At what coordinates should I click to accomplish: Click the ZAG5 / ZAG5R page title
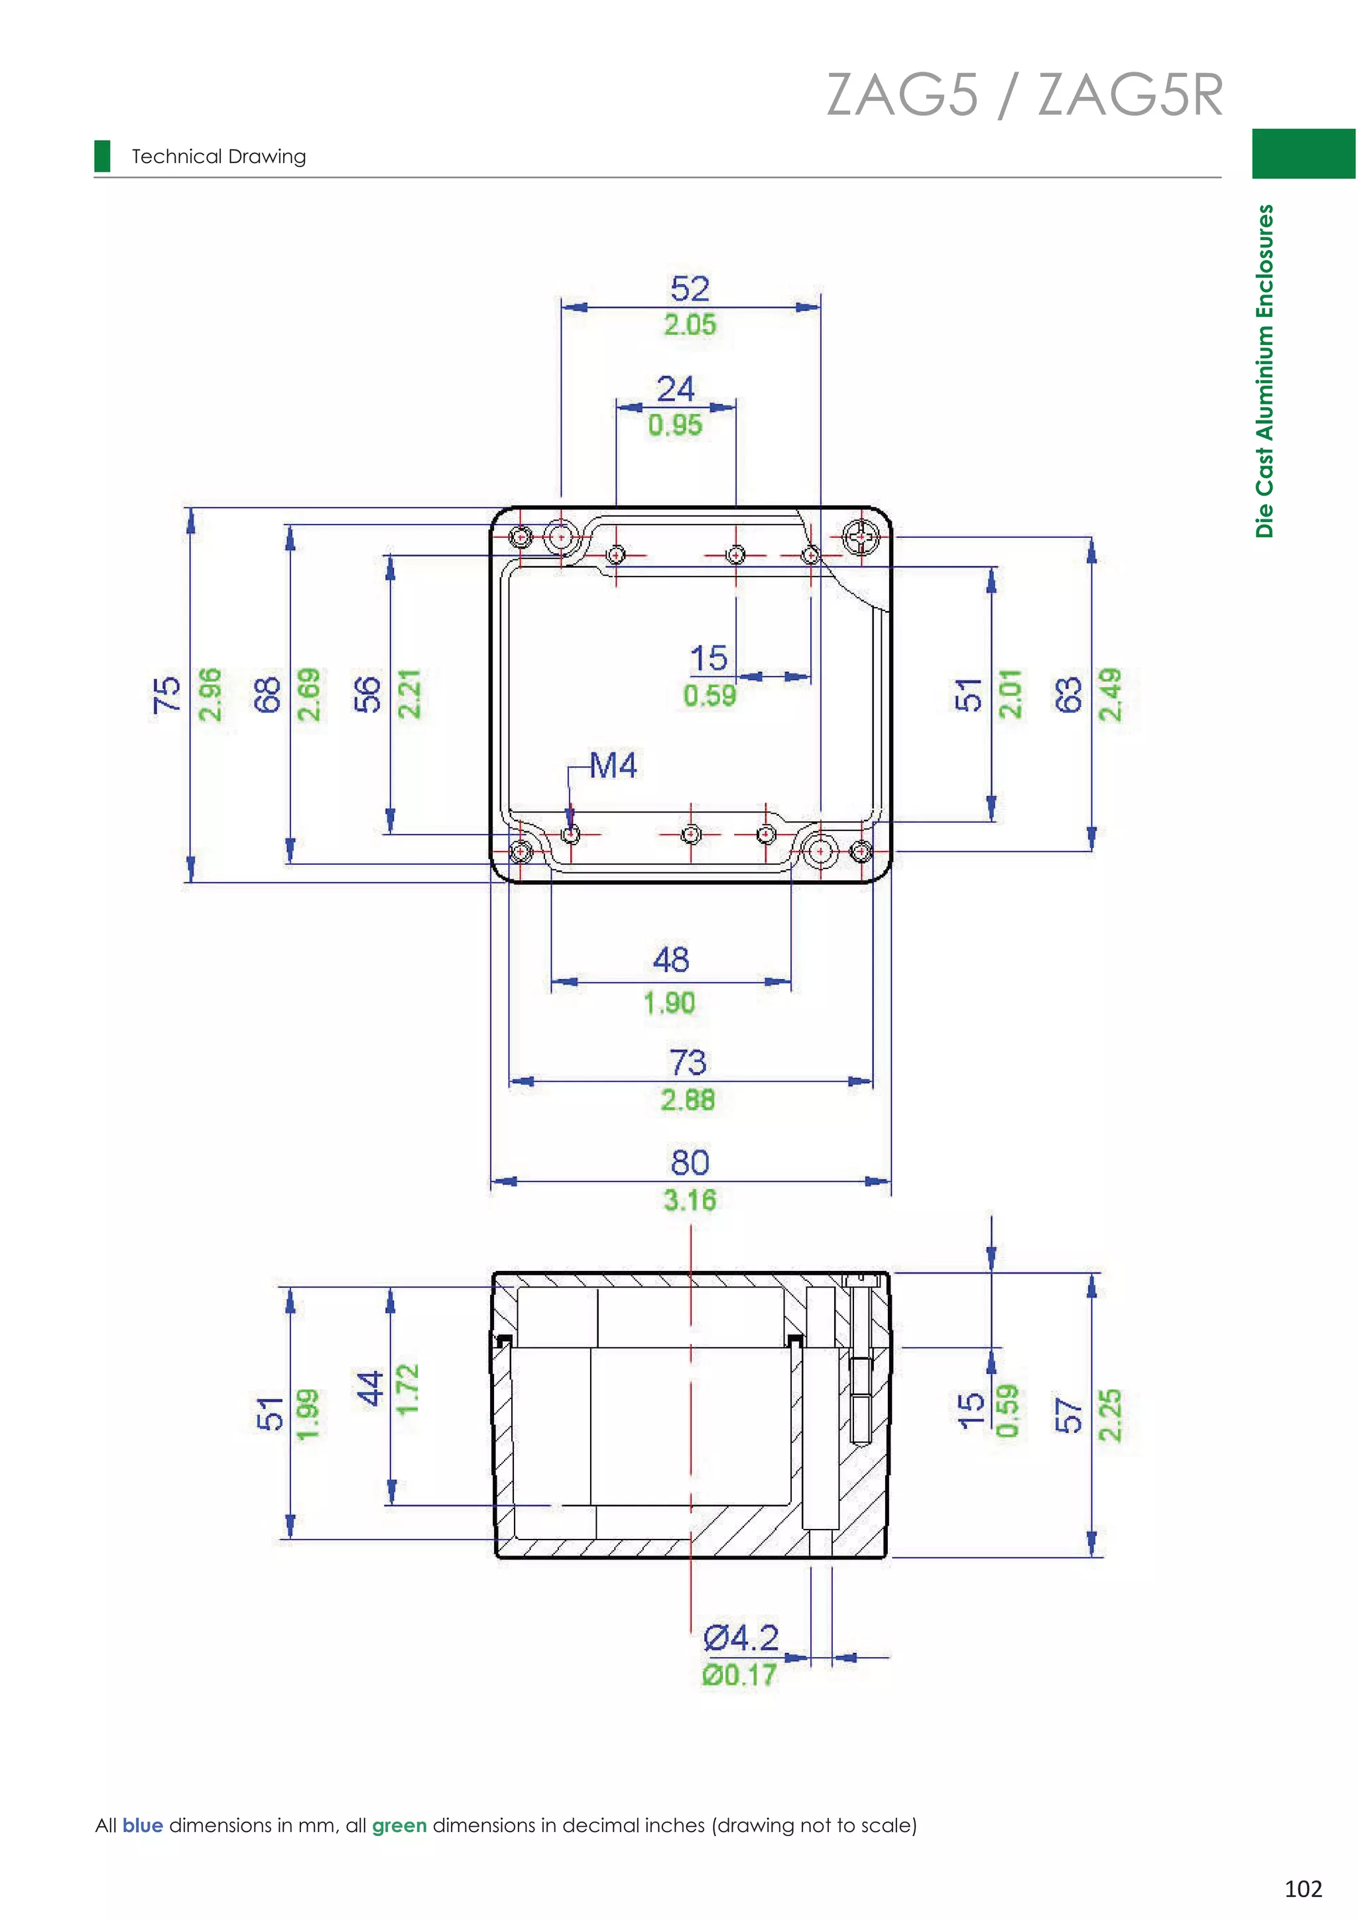1024,95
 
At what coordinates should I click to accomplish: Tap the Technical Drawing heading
218,157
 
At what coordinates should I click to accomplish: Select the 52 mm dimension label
690,289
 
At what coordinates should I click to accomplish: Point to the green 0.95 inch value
675,425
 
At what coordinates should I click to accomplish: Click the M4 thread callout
613,765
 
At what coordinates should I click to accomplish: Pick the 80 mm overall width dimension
690,1162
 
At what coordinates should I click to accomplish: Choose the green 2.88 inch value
688,1099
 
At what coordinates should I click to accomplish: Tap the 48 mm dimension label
670,960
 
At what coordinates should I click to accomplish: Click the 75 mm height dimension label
166,695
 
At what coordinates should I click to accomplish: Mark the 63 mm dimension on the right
1068,695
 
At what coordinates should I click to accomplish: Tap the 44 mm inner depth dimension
369,1389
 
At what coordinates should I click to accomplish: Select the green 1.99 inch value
308,1414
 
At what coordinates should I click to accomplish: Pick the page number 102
1303,1889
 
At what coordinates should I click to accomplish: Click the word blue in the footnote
142,1825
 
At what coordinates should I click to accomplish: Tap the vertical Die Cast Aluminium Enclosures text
1265,370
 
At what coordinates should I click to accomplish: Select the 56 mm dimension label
366,695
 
